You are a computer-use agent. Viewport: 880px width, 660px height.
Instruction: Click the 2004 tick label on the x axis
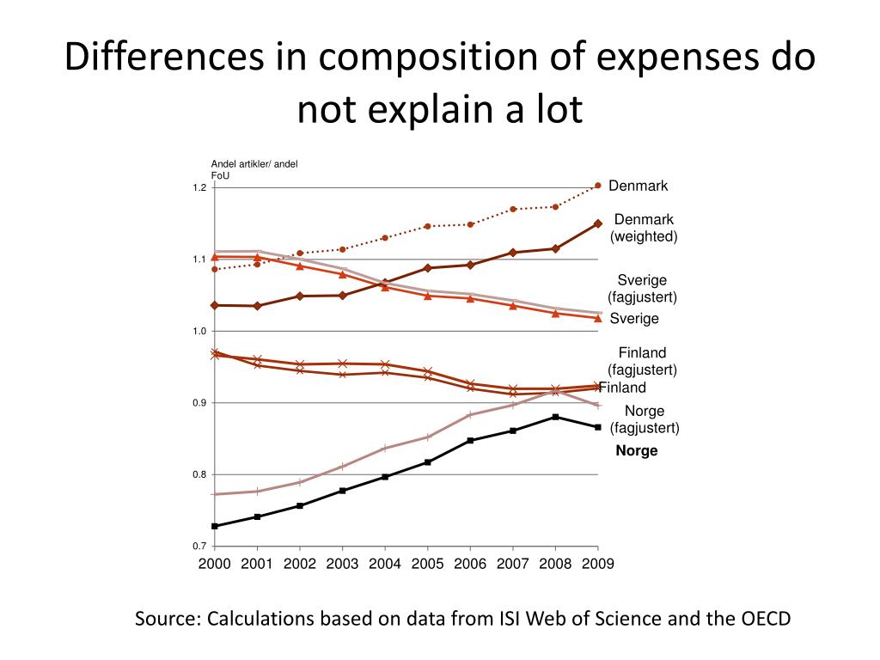click(x=385, y=564)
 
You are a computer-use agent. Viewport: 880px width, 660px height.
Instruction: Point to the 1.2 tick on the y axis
click(x=199, y=187)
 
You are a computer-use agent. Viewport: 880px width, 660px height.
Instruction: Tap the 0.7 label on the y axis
click(x=199, y=547)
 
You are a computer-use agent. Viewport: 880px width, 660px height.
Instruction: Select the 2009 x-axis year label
click(x=597, y=564)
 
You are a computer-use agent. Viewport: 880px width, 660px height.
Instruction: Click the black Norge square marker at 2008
click(x=555, y=417)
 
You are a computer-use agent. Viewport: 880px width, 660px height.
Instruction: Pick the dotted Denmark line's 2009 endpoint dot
click(x=597, y=185)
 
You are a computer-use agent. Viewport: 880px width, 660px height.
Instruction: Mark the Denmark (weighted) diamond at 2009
click(x=597, y=223)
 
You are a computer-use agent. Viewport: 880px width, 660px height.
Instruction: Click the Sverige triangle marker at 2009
click(x=597, y=318)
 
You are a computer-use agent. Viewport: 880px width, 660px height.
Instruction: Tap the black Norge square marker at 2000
click(x=215, y=526)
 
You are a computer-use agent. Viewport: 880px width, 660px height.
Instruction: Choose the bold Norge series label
click(x=637, y=451)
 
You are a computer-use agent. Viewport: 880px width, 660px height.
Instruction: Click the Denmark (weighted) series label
click(x=644, y=228)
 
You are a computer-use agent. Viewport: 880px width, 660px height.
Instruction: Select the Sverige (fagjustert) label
click(x=643, y=289)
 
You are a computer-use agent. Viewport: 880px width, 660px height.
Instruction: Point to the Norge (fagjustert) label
click(x=645, y=419)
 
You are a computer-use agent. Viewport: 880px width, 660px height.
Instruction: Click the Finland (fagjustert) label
click(x=643, y=361)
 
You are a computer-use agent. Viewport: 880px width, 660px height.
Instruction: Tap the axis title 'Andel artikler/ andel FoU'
click(x=254, y=169)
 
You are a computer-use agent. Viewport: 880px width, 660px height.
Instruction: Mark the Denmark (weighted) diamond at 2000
click(x=215, y=305)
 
